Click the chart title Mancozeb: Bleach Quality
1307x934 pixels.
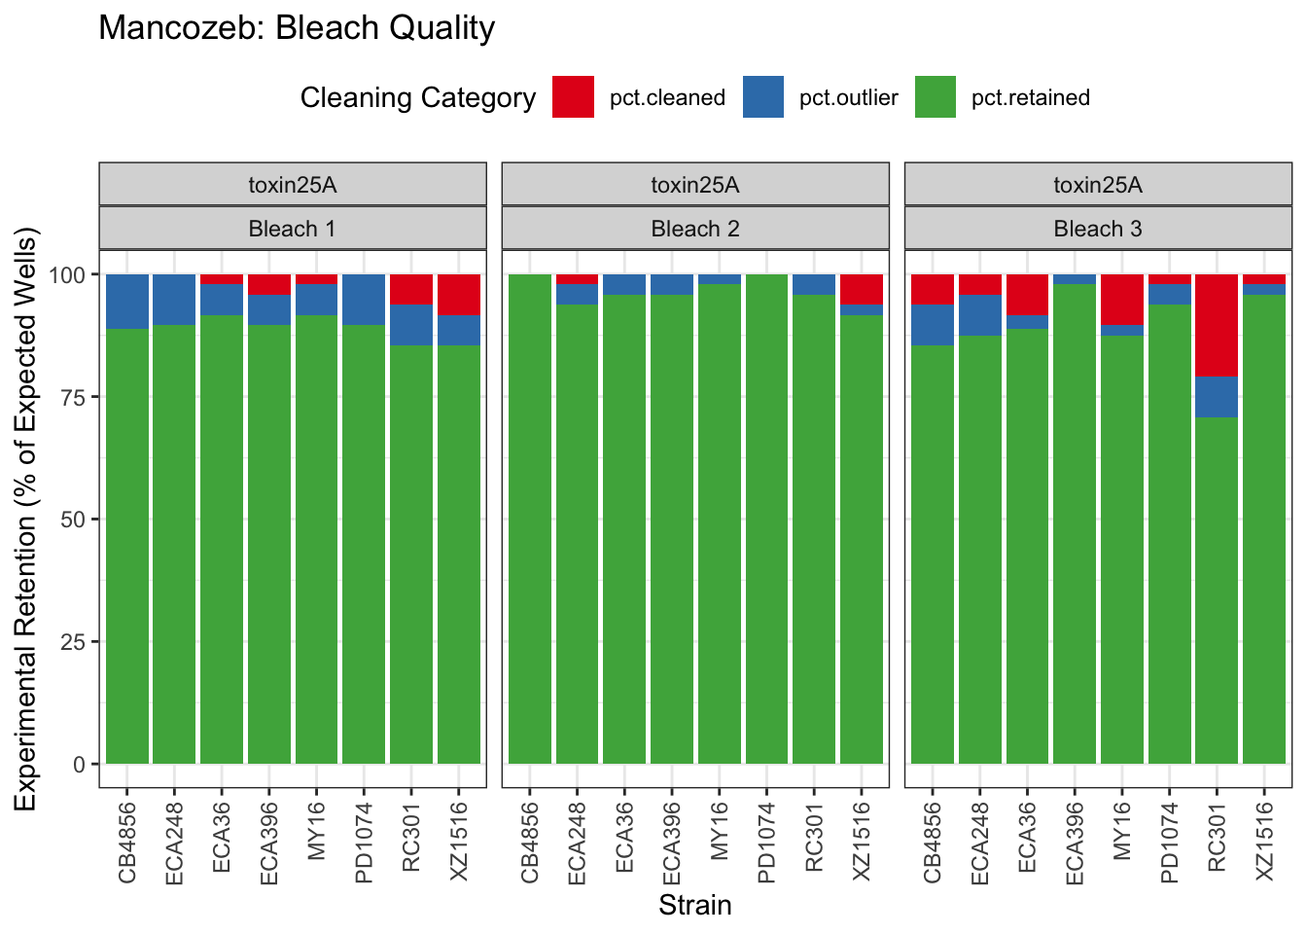[x=297, y=28]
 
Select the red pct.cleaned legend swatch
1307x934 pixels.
[x=573, y=97]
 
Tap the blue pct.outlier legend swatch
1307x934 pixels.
[x=763, y=97]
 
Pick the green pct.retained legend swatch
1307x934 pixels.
[x=936, y=97]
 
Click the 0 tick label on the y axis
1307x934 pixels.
[x=80, y=765]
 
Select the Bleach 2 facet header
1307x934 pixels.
[x=695, y=229]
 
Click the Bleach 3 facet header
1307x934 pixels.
[x=1098, y=229]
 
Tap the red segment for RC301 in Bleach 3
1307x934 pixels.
[x=1217, y=325]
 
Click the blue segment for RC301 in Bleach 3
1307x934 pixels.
[x=1217, y=397]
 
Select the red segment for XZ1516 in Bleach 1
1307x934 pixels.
[x=459, y=295]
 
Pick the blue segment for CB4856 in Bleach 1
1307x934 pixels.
[x=127, y=302]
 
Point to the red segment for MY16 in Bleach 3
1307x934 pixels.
[x=1121, y=299]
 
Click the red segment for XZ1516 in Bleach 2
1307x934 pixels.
[x=862, y=289]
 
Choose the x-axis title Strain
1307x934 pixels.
[x=695, y=906]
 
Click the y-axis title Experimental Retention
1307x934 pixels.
[x=25, y=518]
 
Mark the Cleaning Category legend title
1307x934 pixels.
[x=418, y=97]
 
